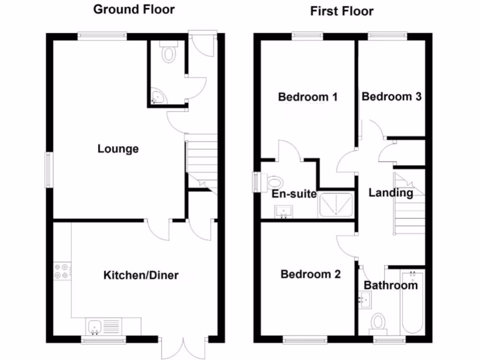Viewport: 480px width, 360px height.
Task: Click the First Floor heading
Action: [342, 11]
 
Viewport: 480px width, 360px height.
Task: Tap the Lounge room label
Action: [118, 149]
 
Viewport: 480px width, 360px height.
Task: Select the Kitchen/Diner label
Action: [141, 275]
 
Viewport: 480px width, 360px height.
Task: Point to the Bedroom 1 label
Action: [308, 97]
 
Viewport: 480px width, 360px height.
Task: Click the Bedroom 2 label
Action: [310, 274]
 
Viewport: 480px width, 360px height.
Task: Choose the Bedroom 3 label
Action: [391, 97]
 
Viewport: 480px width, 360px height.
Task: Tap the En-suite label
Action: [294, 194]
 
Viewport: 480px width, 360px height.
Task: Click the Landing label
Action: [390, 193]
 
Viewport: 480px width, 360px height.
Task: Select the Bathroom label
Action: [390, 285]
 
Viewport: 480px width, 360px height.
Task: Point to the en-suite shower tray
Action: [336, 205]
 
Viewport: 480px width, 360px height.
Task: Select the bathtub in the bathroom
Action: [412, 302]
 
